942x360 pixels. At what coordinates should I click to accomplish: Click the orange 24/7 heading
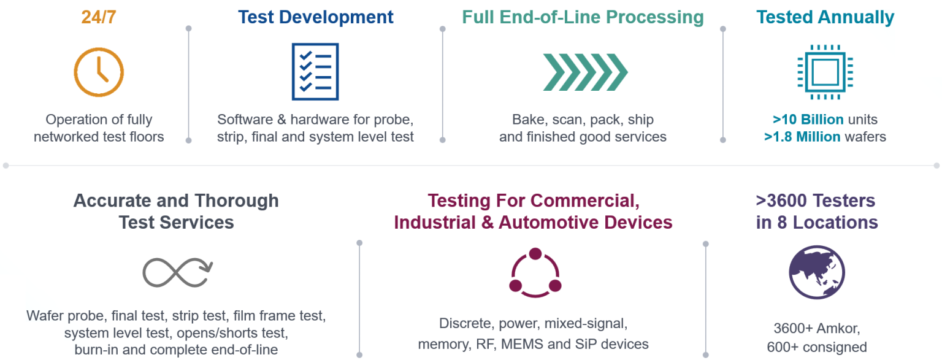pyautogui.click(x=98, y=17)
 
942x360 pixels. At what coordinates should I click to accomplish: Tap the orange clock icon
pyautogui.click(x=99, y=72)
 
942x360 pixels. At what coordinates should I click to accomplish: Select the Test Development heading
pyautogui.click(x=315, y=17)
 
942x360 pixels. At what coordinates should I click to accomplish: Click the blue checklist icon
pyautogui.click(x=315, y=72)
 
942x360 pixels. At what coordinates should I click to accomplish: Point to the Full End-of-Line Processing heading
pyautogui.click(x=583, y=17)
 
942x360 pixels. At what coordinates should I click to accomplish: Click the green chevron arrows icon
pyautogui.click(x=585, y=72)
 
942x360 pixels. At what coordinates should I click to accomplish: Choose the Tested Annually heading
pyautogui.click(x=825, y=17)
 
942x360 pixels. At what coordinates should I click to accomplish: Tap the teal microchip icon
pyautogui.click(x=825, y=72)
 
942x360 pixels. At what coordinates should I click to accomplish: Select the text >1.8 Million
pyautogui.click(x=802, y=137)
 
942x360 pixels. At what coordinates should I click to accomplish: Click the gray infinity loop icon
pyautogui.click(x=177, y=272)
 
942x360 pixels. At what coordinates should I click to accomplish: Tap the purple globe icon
pyautogui.click(x=816, y=272)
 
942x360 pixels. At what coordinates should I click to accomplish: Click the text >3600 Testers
pyautogui.click(x=816, y=201)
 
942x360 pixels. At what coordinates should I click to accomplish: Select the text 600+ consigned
pyautogui.click(x=816, y=347)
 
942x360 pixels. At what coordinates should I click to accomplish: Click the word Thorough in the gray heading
pyautogui.click(x=237, y=201)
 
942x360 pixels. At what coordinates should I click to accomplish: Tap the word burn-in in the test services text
pyautogui.click(x=89, y=350)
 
